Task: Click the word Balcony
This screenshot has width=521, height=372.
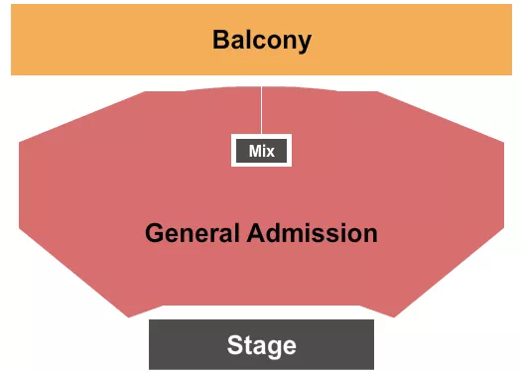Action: click(x=261, y=41)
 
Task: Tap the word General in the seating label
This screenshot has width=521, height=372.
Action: click(x=193, y=234)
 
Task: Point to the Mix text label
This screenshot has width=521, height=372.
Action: click(x=261, y=151)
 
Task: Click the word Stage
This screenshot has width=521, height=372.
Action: click(x=261, y=345)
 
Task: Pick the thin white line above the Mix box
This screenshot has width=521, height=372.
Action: click(x=262, y=109)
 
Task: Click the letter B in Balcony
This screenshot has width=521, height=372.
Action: click(x=220, y=41)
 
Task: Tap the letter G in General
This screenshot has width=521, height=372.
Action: click(x=154, y=234)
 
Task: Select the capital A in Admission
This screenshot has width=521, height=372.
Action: click(x=256, y=234)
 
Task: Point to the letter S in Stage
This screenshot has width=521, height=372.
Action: click(x=234, y=345)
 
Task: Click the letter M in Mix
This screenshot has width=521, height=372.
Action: click(x=254, y=151)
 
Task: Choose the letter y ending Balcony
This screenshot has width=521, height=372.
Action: click(x=304, y=44)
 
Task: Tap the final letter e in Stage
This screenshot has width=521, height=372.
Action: click(x=290, y=346)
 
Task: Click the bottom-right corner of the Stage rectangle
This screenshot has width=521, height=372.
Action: click(x=373, y=368)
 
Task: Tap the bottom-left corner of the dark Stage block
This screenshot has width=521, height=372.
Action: click(x=150, y=368)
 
